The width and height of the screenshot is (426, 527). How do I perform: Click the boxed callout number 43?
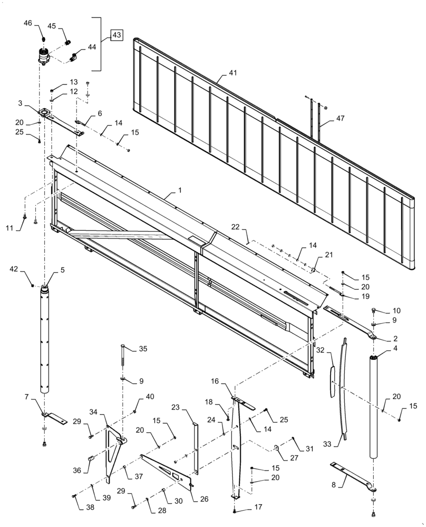click(117, 35)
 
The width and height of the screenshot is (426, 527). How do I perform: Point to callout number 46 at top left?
click(28, 23)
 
